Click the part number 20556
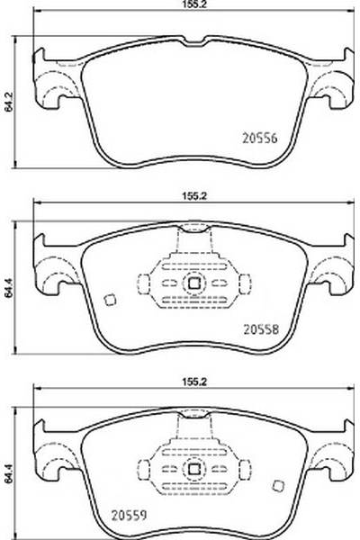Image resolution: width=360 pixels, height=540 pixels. pos(260,138)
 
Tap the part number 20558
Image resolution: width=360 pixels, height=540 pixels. pos(261,329)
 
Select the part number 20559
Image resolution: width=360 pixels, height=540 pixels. pos(130,515)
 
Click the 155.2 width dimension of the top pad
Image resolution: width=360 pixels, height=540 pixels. pos(194,4)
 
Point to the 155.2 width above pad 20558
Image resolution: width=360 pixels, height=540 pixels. pos(194,196)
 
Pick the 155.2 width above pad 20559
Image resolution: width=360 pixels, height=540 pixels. pos(194,382)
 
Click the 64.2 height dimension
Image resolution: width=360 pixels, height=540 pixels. pos(9,102)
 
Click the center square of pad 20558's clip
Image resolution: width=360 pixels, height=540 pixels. pos(194,283)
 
